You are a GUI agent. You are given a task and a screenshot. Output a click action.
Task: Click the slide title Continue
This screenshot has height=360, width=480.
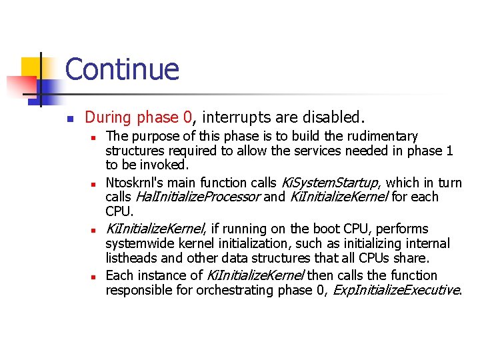click(122, 69)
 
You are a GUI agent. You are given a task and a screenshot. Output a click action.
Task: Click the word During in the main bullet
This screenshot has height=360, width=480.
click(108, 117)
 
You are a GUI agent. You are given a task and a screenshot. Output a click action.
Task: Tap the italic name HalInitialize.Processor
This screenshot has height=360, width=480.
click(197, 197)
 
